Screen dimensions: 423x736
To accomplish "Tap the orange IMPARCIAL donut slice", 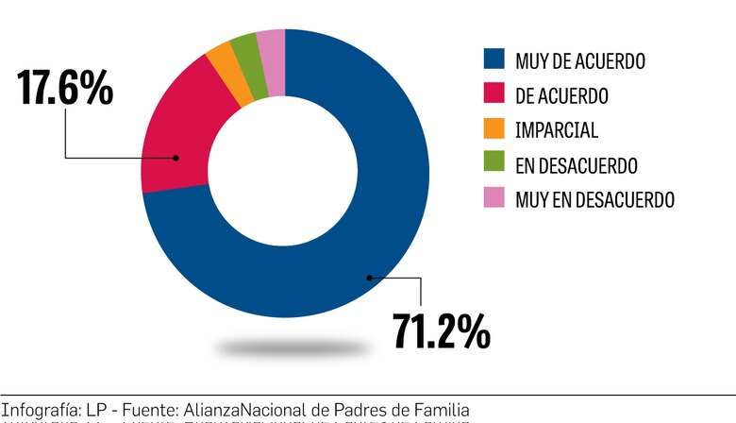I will [x=224, y=73].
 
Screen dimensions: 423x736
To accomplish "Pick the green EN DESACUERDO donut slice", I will [x=245, y=62].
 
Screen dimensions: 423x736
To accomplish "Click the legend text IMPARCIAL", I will [x=557, y=130].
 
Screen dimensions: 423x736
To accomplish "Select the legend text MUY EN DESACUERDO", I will [x=594, y=199].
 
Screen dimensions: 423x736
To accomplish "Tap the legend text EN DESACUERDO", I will [x=577, y=165].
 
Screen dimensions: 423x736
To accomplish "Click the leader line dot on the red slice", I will [x=176, y=158].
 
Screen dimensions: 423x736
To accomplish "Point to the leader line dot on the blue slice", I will [x=369, y=277].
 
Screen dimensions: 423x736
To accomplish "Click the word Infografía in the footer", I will [x=37, y=409].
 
